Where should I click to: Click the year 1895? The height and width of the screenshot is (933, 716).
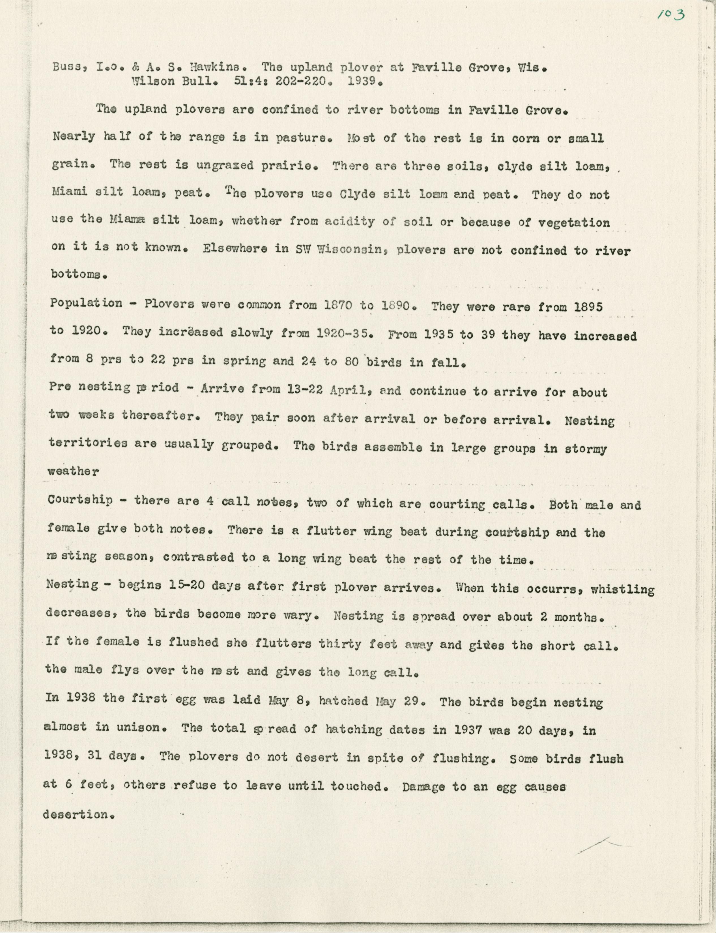point(588,307)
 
